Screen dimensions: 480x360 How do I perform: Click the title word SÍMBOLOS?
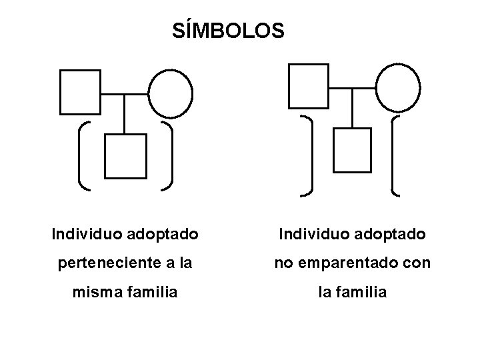click(x=228, y=31)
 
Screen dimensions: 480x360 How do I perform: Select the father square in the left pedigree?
click(x=80, y=91)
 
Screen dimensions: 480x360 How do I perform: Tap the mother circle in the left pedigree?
click(x=170, y=93)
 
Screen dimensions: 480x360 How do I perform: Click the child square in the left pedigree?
click(x=126, y=156)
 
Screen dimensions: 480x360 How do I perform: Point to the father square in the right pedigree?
click(x=308, y=86)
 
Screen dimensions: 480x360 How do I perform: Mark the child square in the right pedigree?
click(x=352, y=150)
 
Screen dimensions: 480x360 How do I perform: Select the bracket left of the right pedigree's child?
click(x=309, y=156)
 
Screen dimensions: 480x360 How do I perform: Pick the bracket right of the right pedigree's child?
click(x=395, y=156)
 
